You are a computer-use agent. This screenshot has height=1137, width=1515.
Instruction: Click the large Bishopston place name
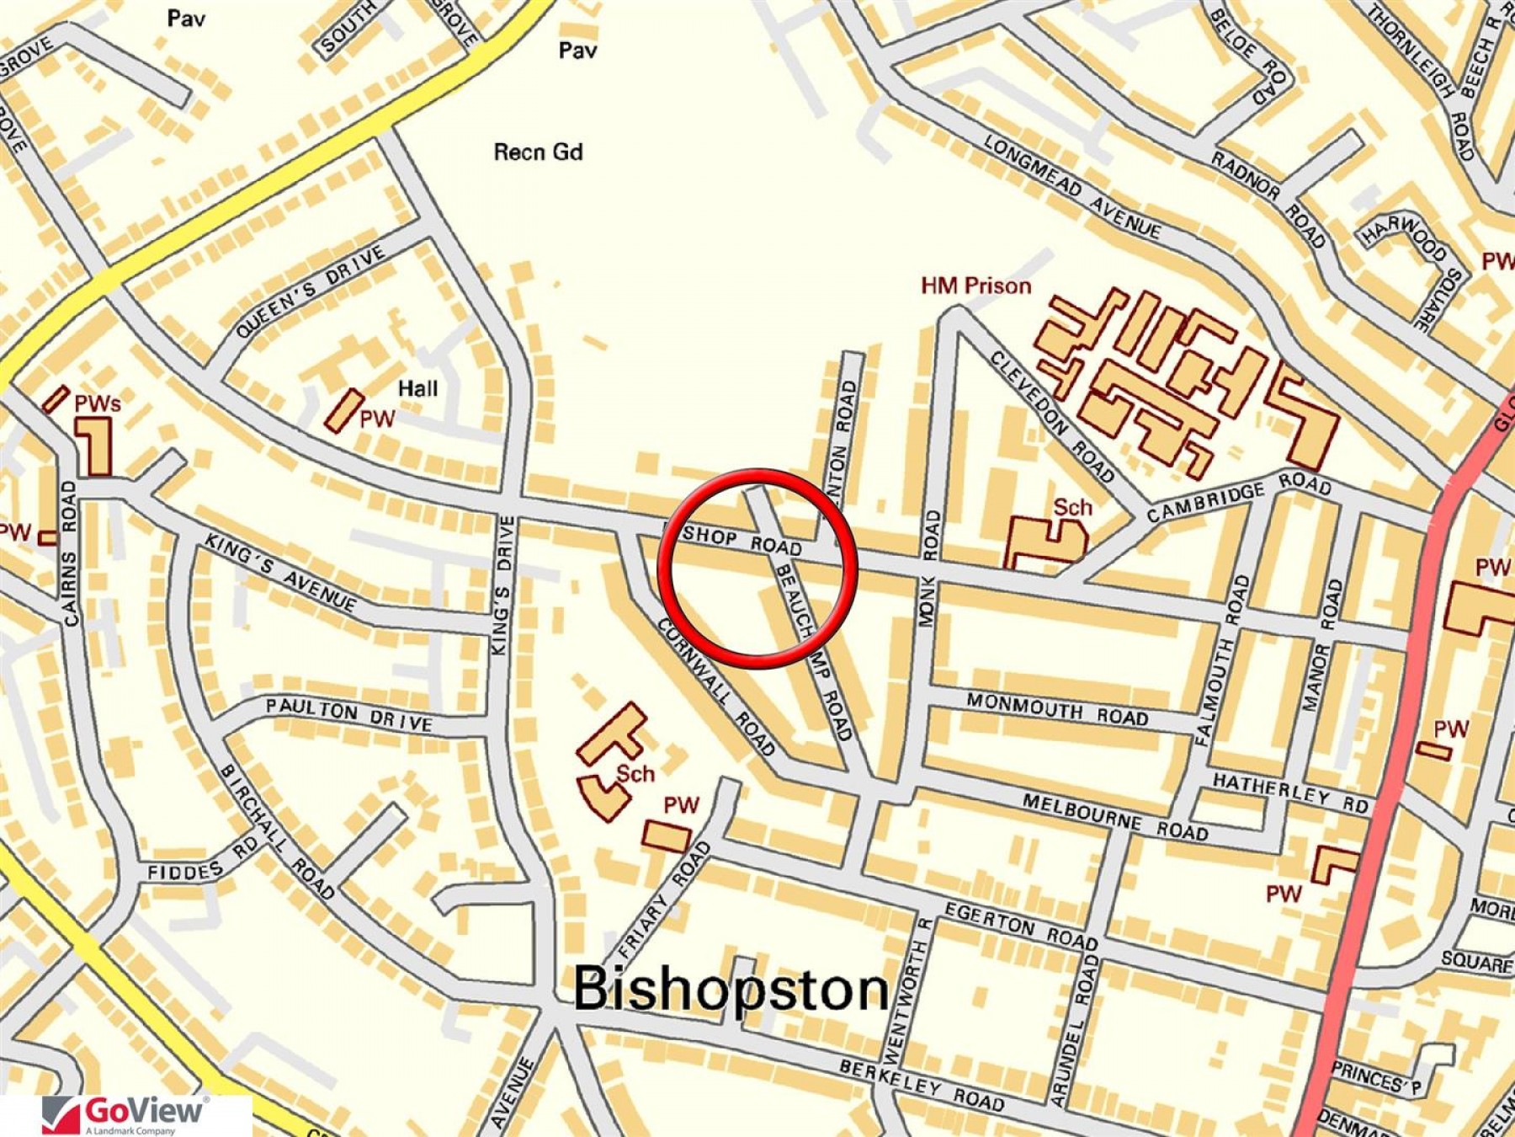(731, 989)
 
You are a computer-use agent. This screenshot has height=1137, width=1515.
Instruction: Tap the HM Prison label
(975, 286)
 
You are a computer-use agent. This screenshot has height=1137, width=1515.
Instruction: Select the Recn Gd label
(538, 152)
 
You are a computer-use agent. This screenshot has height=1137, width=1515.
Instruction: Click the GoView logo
(126, 1114)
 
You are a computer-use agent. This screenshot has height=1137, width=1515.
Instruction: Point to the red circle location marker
(757, 568)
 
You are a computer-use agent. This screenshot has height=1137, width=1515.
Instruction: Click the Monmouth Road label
(1057, 709)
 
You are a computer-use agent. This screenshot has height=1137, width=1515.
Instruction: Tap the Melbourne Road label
(1115, 817)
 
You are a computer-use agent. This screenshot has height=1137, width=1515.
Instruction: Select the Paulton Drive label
(349, 714)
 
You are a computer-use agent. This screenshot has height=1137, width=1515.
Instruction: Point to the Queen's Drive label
(311, 291)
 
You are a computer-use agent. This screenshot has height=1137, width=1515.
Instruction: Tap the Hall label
(417, 388)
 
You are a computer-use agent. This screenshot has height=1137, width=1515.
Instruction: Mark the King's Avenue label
(280, 574)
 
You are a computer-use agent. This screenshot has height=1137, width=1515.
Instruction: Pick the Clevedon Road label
(1052, 415)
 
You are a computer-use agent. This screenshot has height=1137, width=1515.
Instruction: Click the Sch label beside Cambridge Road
(1072, 508)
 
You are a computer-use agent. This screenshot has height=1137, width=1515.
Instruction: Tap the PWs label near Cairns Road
(98, 404)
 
